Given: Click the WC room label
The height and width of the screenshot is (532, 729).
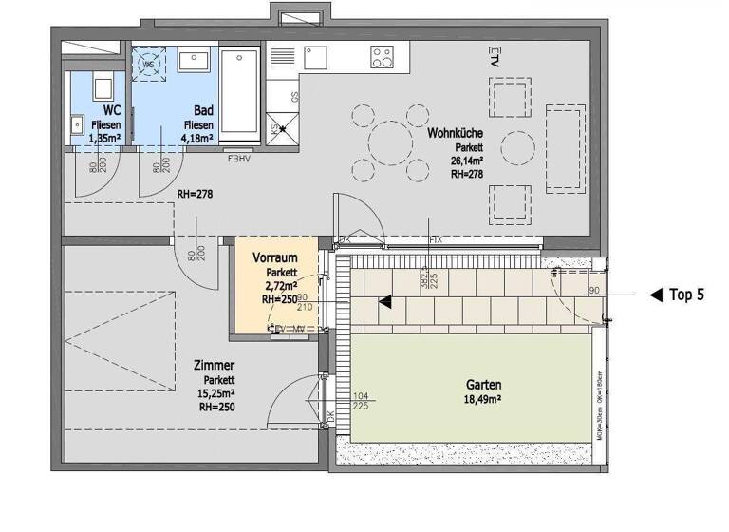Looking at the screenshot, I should click(x=100, y=110).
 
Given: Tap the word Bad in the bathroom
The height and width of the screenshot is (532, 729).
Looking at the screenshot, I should click(x=201, y=110).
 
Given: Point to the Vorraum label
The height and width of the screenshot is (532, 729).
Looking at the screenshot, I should click(x=276, y=257).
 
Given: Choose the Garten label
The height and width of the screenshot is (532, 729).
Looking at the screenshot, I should click(x=484, y=386).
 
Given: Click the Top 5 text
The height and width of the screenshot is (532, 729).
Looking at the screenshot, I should click(x=686, y=295).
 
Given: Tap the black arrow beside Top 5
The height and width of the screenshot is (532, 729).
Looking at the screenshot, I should click(x=656, y=295).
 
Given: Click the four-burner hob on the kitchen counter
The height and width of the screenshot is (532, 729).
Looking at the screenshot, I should click(x=383, y=58).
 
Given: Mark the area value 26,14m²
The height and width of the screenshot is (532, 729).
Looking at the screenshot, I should click(x=468, y=161).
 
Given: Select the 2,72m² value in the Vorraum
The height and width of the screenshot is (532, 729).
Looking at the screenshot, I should click(x=281, y=284).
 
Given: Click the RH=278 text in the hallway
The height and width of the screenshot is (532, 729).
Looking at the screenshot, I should click(x=195, y=195).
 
